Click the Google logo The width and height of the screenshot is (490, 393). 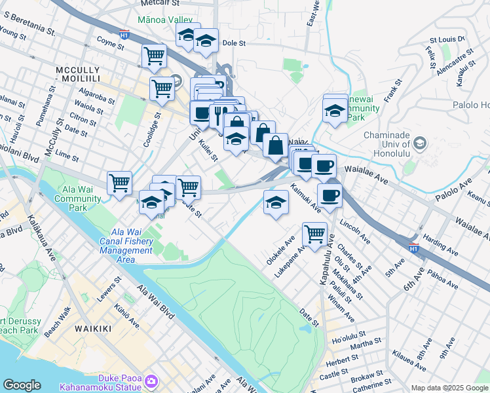(22, 385)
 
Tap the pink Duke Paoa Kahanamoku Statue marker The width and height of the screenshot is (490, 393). (152, 381)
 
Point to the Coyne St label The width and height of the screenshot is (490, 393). (110, 45)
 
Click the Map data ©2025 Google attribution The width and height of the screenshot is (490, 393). (449, 388)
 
